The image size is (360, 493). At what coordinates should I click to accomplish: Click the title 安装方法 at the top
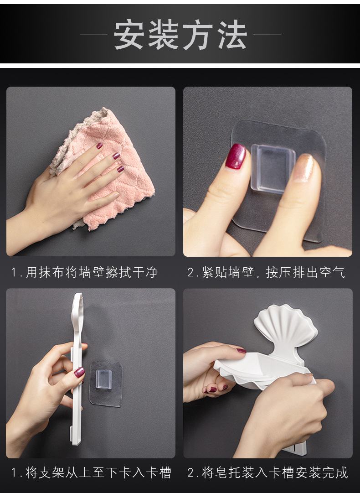tap(180, 35)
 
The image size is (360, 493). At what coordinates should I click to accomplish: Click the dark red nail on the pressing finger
tap(236, 156)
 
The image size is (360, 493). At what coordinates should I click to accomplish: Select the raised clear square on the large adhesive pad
tap(273, 169)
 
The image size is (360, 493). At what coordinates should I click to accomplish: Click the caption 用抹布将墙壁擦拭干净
tap(84, 272)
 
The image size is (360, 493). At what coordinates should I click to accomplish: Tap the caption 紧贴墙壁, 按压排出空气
tap(266, 272)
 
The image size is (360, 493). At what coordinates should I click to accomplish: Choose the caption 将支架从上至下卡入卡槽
tap(91, 472)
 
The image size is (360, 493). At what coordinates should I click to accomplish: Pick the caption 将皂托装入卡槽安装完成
tap(267, 472)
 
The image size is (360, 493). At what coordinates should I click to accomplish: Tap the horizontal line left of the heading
tap(94, 35)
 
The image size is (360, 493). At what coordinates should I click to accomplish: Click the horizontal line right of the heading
tap(267, 35)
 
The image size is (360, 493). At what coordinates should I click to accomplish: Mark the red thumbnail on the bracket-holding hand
tap(79, 373)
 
